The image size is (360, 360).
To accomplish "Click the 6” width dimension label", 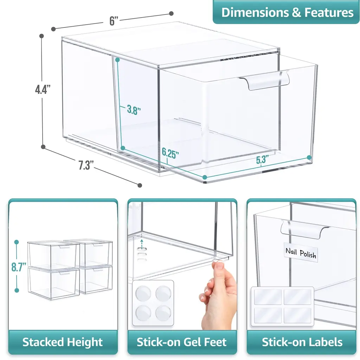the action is [114, 21].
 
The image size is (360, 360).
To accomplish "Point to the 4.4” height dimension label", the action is [43, 89].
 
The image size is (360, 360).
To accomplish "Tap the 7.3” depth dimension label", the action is [86, 165].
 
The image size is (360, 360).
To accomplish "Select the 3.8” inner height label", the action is [134, 110].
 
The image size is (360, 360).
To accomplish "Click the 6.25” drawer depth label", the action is [170, 153].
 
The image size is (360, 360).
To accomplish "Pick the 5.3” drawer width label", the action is [262, 160].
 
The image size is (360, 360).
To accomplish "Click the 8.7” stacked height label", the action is [19, 267].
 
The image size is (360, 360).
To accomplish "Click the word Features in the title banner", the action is [329, 12].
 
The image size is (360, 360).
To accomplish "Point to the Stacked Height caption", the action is [63, 342].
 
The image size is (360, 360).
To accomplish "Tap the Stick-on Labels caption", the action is [302, 342].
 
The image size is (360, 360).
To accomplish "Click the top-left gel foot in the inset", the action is [143, 294].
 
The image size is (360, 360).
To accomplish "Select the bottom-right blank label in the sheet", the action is [297, 315].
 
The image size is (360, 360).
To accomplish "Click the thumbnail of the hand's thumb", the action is [220, 266].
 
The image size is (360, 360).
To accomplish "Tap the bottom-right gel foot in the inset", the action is [163, 313].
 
